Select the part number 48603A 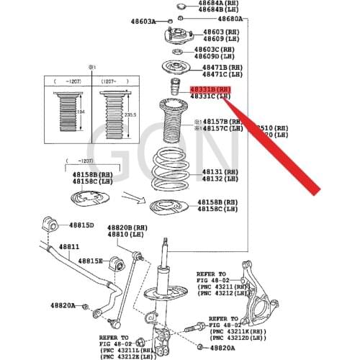coord(143,22)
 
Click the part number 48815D coord(81,225)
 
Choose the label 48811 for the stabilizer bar coord(69,247)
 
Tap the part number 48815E coord(91,260)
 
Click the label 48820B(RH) coord(127,226)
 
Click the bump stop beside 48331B coord(174,89)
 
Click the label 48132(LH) coord(220,180)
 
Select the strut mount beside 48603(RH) coord(176,35)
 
